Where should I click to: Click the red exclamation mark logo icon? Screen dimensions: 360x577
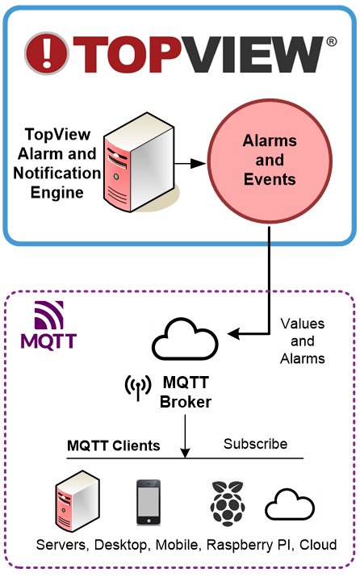[47, 53]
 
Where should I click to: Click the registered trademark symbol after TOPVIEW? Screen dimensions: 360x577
[331, 42]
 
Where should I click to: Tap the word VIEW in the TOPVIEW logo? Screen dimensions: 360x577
[251, 54]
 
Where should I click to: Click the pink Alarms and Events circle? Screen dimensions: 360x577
[270, 161]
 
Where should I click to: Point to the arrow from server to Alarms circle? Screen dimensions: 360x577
[190, 163]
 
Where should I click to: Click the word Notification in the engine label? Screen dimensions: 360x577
[57, 173]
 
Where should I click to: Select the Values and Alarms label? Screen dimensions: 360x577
[303, 341]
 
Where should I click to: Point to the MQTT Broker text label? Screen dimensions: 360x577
[186, 392]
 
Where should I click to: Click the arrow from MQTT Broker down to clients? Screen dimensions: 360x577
[185, 436]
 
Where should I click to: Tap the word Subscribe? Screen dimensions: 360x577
[255, 444]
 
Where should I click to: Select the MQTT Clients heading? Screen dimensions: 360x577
[113, 445]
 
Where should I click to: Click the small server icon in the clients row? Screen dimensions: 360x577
[78, 501]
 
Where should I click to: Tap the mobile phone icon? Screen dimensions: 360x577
[149, 502]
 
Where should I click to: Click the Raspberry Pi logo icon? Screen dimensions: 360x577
[228, 503]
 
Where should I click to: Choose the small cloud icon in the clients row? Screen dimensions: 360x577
[290, 504]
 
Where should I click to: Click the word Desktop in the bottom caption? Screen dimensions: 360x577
[120, 545]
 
